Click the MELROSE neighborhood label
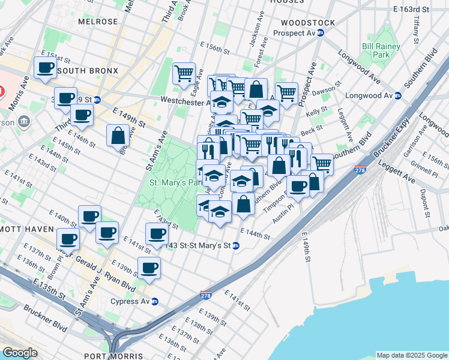click(x=98, y=22)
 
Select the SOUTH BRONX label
click(x=83, y=71)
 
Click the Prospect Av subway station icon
click(x=321, y=32)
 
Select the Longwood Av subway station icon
click(x=397, y=95)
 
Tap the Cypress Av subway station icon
click(x=155, y=301)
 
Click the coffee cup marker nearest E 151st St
click(x=45, y=68)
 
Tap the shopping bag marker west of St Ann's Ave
click(x=118, y=136)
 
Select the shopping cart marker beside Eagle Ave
click(x=184, y=74)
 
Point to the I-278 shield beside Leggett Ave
click(x=360, y=170)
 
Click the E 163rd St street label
click(x=412, y=10)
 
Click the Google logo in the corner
click(x=20, y=352)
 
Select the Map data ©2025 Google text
click(x=411, y=355)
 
